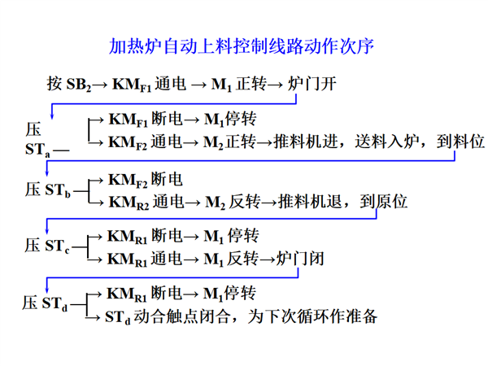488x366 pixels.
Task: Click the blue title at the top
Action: point(242,46)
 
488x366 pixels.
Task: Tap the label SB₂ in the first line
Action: point(79,85)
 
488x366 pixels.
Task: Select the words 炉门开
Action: point(312,84)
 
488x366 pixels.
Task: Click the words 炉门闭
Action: point(300,259)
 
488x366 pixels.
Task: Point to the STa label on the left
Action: point(37,150)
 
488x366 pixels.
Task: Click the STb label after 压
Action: point(58,190)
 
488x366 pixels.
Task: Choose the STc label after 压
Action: point(57,246)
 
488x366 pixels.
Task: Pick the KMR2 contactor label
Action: point(129,203)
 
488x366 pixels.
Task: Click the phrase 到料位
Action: point(460,142)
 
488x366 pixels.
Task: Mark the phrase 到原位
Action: point(384,202)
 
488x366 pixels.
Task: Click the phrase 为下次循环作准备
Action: point(312,316)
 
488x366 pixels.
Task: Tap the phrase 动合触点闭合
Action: point(182,316)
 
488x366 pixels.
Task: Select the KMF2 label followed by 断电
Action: point(128,181)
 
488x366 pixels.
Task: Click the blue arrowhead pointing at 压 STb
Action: point(46,173)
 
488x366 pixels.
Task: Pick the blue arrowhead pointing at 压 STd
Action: point(46,290)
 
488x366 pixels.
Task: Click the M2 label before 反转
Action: point(215,203)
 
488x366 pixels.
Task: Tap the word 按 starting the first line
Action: point(54,84)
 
